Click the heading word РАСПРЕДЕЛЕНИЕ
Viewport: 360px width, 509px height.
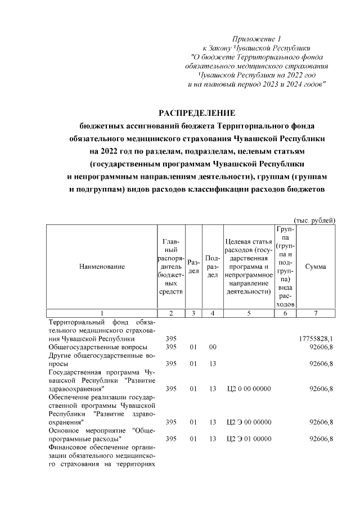tap(197, 113)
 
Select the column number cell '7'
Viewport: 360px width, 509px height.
tap(315, 313)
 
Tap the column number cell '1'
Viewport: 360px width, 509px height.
tap(102, 313)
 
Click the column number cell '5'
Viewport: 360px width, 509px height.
tap(248, 313)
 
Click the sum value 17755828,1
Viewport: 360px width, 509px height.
tap(315, 339)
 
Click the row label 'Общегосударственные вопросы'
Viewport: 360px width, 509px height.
tap(95, 347)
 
